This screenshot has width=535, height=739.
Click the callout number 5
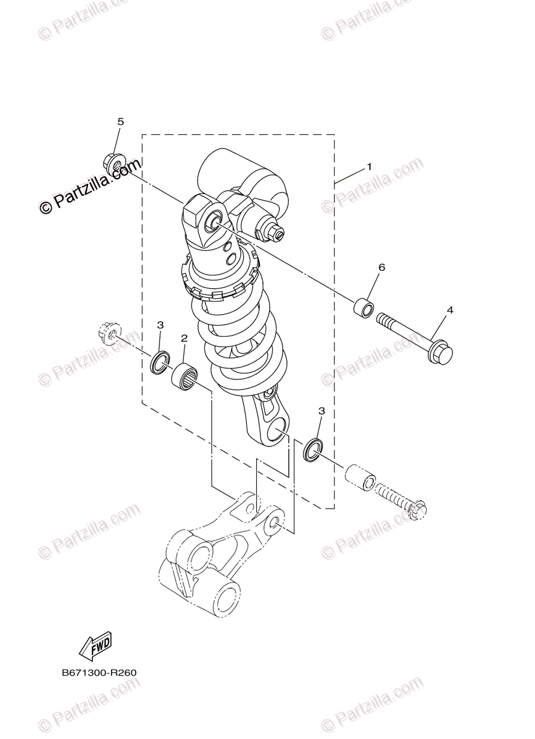pos(121,122)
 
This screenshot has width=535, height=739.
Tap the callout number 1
pos(369,167)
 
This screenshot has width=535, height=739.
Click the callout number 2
pos(184,338)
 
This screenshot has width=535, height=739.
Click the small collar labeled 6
pos(364,309)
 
